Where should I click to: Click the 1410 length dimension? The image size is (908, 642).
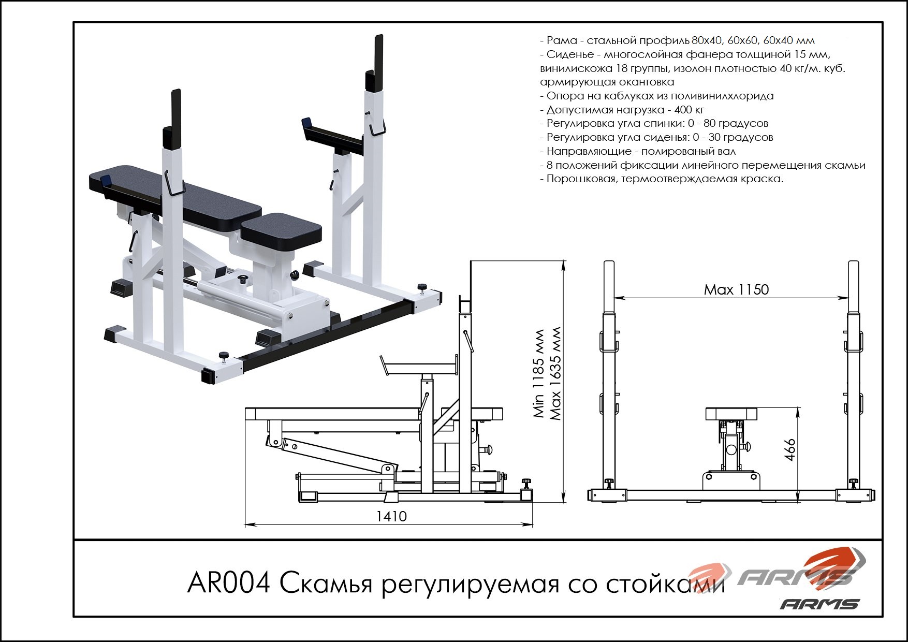pos(391,516)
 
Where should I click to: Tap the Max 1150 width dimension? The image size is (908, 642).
pos(736,289)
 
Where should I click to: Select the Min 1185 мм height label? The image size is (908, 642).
pos(539,373)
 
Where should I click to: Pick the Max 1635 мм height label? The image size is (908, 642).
pos(556,373)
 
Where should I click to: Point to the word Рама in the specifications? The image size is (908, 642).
pos(561,40)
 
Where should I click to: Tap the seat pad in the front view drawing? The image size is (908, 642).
pos(731,413)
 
